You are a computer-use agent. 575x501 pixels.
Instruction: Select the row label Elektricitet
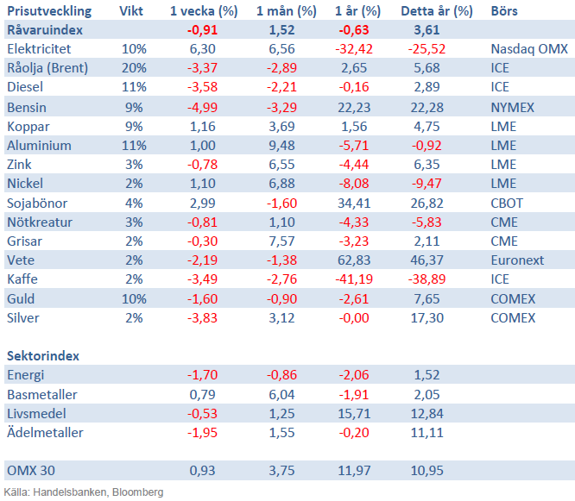pyautogui.click(x=39, y=50)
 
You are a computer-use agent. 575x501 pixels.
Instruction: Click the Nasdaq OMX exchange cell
pyautogui.click(x=528, y=50)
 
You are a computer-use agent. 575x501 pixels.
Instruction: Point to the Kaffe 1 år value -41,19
pyautogui.click(x=351, y=279)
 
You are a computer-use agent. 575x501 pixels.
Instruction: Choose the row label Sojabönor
pyautogui.click(x=36, y=203)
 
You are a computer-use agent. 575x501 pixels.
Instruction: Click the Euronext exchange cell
pyautogui.click(x=517, y=260)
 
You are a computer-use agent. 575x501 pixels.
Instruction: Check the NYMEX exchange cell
pyautogui.click(x=512, y=108)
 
